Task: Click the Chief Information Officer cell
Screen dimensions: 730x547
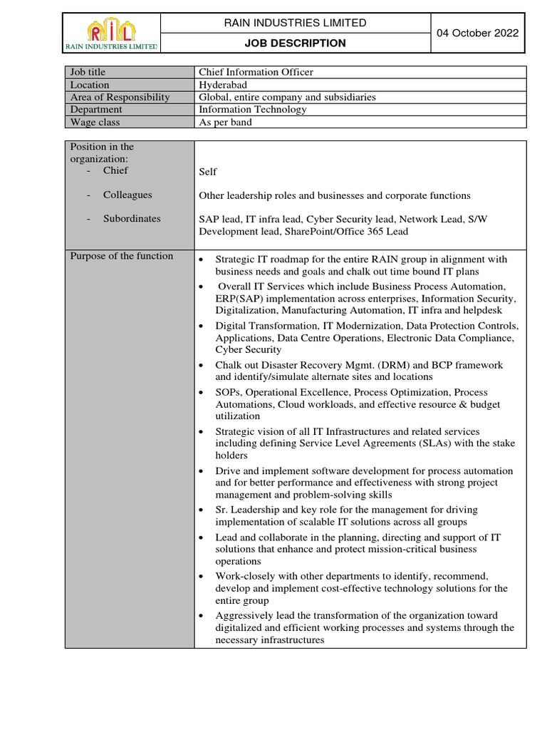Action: click(256, 72)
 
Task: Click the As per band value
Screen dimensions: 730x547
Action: click(225, 122)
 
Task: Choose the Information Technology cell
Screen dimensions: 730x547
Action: click(252, 110)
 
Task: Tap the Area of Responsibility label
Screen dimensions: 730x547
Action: click(120, 97)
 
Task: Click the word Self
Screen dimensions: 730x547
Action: click(207, 172)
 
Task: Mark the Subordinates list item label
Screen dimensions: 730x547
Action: click(132, 219)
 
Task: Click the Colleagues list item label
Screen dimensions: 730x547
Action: click(127, 195)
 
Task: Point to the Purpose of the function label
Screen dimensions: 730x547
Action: click(121, 256)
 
